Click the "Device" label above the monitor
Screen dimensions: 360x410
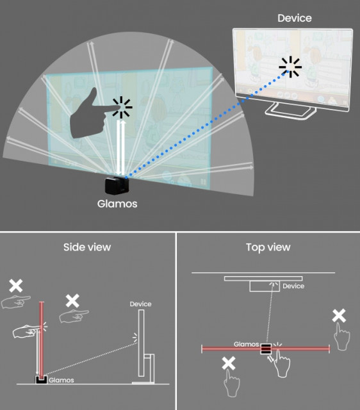coord(295,18)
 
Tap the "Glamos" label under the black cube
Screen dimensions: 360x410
coord(117,204)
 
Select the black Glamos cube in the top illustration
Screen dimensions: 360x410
coord(117,185)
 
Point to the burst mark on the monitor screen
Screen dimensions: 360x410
coord(290,67)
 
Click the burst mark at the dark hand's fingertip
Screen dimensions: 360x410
coord(122,107)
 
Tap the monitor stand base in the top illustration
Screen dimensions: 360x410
coord(290,111)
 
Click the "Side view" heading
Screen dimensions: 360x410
coord(87,247)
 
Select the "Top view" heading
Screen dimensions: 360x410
coord(268,247)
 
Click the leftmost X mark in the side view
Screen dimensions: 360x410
coord(15,286)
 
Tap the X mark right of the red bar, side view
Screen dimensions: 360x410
coord(72,300)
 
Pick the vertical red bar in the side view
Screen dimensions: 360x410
coord(41,339)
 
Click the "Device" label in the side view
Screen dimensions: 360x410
coord(141,304)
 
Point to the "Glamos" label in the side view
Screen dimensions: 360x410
coord(61,380)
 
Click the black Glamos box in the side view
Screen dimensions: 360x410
coord(41,380)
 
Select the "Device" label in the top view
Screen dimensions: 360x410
coord(293,286)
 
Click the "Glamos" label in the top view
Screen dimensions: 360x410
coord(246,344)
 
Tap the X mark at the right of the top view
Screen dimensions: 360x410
coord(339,316)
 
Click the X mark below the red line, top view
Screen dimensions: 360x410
coord(229,363)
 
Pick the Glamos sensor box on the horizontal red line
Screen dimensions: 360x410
coord(266,348)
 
